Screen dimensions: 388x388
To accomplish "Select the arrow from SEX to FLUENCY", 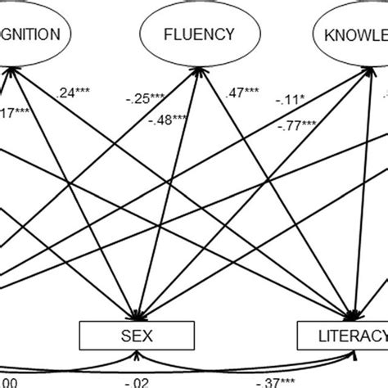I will point(167,188).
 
